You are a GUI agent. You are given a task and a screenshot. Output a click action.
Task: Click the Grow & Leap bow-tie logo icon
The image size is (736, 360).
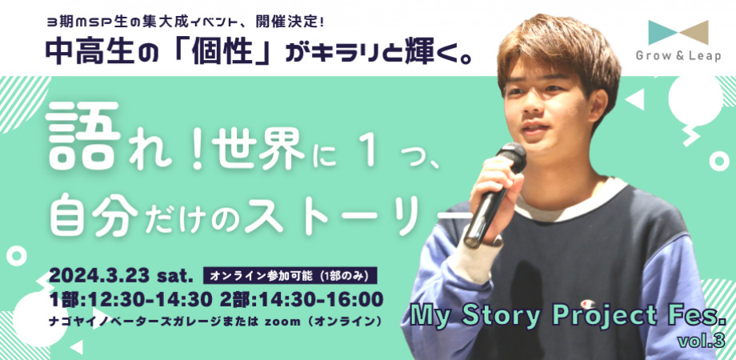678,33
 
